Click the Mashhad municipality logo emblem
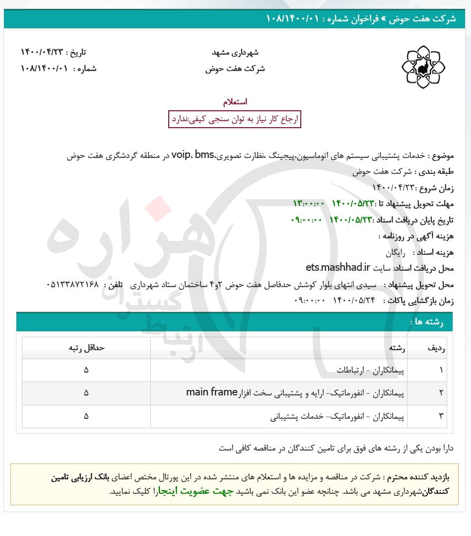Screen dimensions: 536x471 [x=423, y=67]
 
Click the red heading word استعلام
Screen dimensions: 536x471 [x=235, y=102]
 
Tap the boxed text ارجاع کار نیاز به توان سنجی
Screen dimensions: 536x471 [x=235, y=119]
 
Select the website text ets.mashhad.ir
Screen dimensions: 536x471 [x=338, y=268]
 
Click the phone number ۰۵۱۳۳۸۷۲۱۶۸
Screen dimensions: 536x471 [x=72, y=285]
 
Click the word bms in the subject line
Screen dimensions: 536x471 [x=204, y=155]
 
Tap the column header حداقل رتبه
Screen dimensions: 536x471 [x=86, y=348]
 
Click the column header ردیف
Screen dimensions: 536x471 [x=436, y=348]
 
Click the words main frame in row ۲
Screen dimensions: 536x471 [x=212, y=392]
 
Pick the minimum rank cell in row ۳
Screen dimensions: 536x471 [x=86, y=416]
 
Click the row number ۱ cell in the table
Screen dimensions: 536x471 [x=441, y=370]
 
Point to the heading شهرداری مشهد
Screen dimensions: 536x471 [x=235, y=52]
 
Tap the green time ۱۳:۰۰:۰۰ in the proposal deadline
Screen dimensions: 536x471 [x=309, y=204]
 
